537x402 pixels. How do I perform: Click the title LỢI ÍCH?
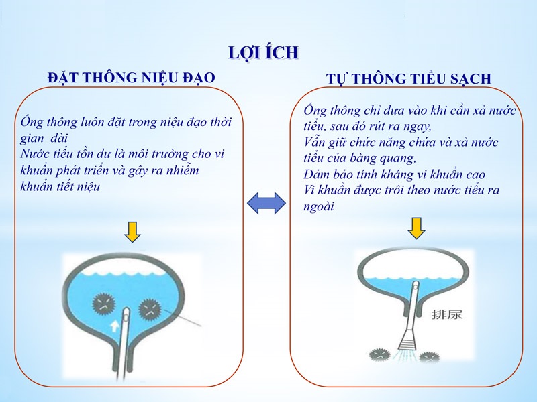pyautogui.click(x=263, y=53)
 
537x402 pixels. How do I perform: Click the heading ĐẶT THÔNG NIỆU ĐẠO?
pyautogui.click(x=131, y=77)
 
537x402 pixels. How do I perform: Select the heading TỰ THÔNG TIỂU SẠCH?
pyautogui.click(x=409, y=78)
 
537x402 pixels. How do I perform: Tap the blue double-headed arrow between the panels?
pyautogui.click(x=266, y=203)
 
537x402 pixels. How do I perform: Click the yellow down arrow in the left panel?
pyautogui.click(x=132, y=232)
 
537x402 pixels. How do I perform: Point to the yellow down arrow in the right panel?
pyautogui.click(x=416, y=228)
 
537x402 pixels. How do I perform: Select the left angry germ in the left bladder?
pyautogui.click(x=104, y=304)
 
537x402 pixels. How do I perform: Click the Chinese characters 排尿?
pyautogui.click(x=447, y=314)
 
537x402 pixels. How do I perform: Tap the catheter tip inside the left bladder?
pyautogui.click(x=126, y=311)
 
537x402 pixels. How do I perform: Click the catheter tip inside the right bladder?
pyautogui.click(x=416, y=285)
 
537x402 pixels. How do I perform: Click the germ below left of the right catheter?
pyautogui.click(x=380, y=354)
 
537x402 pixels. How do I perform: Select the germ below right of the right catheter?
pyautogui.click(x=429, y=356)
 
